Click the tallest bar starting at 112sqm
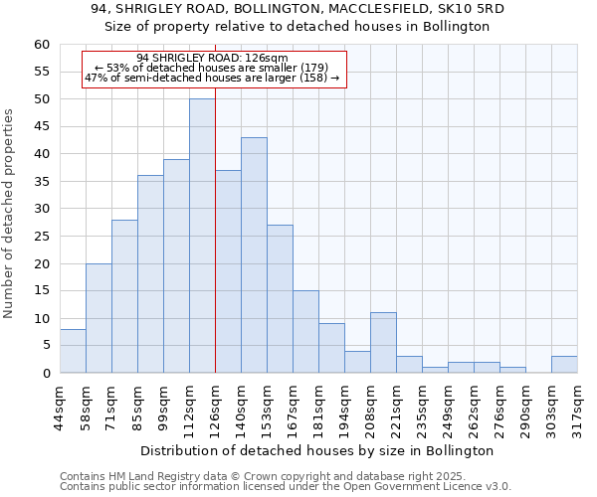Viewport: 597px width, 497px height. tap(202, 236)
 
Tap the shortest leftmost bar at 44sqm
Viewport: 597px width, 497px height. tap(73, 351)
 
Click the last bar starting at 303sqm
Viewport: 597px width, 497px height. tap(564, 365)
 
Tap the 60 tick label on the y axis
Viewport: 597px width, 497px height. tap(41, 45)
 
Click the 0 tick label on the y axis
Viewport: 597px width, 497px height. tap(45, 374)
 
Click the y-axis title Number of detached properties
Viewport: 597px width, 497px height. tap(10, 214)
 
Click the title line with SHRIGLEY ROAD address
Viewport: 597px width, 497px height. tap(298, 9)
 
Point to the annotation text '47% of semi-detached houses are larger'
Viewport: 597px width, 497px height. tap(212, 78)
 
